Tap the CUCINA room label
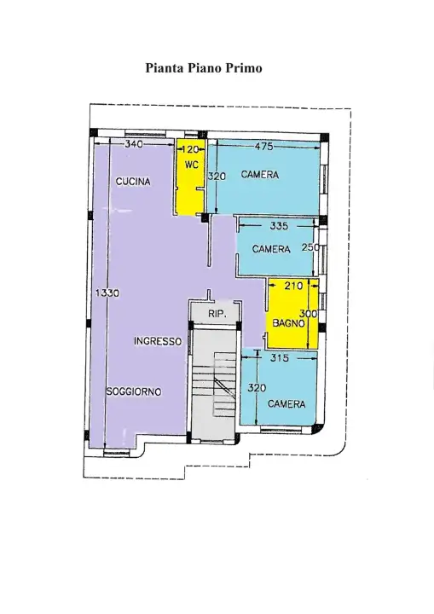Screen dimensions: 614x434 [134, 182]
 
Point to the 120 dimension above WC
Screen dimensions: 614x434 [192, 149]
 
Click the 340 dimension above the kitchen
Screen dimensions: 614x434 [133, 145]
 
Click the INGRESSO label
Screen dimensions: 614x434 [158, 341]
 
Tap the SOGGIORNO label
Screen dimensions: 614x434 [133, 391]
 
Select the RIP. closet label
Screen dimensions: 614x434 [216, 315]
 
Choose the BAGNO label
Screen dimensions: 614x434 [289, 323]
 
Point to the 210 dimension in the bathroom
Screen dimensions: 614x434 [293, 287]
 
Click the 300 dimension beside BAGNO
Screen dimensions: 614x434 [309, 314]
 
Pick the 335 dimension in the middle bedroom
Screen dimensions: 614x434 [278, 227]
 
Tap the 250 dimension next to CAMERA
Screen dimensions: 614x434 [310, 248]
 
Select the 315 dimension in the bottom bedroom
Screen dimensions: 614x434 [280, 359]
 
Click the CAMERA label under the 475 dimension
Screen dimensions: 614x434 [260, 175]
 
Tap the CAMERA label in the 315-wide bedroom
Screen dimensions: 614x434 [286, 404]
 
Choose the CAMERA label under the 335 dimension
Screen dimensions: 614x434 [271, 249]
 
